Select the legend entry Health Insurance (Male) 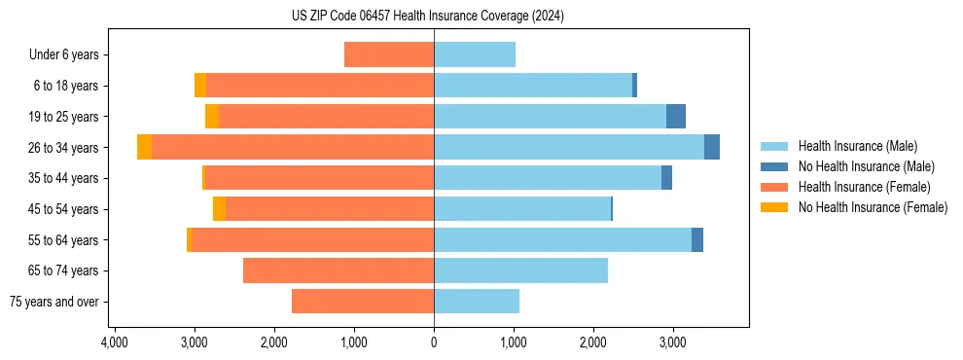coord(853,146)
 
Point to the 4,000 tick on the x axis coord(115,342)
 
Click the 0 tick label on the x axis coord(434,342)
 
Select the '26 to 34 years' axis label coord(63,148)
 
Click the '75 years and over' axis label coord(54,302)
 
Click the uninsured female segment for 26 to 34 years coord(144,147)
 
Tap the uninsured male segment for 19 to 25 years coord(676,117)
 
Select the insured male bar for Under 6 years coord(475,54)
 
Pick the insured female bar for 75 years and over coord(363,302)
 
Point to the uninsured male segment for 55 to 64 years coord(697,239)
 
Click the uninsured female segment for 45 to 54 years coord(219,209)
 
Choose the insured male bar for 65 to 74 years coord(520,270)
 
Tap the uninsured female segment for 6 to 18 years coord(200,86)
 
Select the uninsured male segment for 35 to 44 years coord(666,178)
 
